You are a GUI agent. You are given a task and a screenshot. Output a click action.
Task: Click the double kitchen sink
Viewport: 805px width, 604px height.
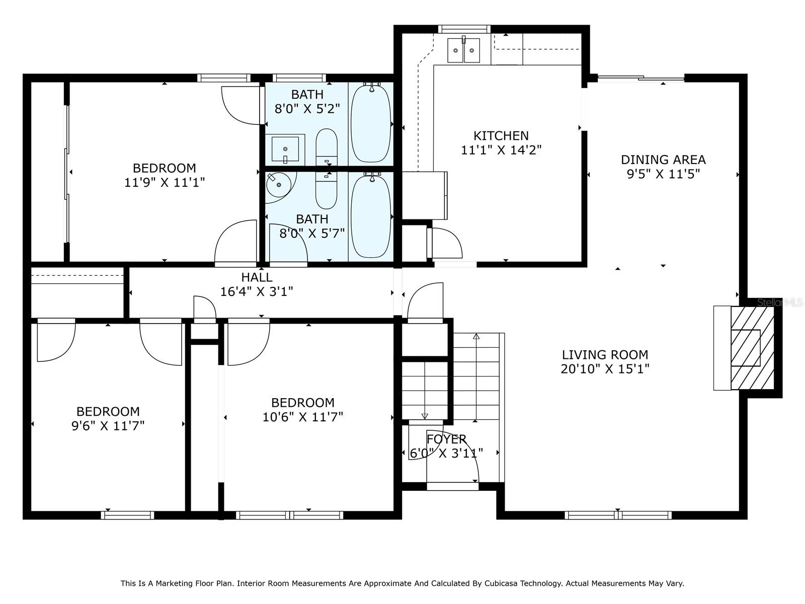point(464,50)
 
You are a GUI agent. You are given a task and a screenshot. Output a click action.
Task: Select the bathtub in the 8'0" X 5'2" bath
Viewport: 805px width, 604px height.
point(371,123)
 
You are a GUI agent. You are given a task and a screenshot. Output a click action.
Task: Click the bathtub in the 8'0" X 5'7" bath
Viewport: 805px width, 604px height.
point(371,216)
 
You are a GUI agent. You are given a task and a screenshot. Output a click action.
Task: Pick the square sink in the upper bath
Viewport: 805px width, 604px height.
point(285,149)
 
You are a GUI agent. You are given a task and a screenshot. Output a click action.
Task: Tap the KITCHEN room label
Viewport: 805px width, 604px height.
point(501,135)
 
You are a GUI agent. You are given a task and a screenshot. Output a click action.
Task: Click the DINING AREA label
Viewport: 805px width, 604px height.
point(663,160)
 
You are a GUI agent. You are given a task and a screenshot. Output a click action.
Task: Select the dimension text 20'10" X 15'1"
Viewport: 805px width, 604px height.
point(605,369)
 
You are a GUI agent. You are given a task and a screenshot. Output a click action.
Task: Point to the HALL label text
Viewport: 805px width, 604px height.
point(257,277)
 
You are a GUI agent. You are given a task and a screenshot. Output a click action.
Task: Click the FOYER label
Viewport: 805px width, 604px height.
point(446,439)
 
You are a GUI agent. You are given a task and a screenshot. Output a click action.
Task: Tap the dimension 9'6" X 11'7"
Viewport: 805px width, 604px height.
point(108,426)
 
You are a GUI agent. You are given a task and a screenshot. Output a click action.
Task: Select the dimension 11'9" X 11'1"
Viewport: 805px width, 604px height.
point(164,182)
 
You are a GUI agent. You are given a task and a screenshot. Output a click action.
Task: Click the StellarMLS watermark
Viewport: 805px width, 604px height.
point(780,303)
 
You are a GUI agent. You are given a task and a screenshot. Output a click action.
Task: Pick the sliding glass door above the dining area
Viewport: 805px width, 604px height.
point(640,78)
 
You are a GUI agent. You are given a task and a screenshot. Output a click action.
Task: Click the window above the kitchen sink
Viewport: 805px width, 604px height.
point(464,29)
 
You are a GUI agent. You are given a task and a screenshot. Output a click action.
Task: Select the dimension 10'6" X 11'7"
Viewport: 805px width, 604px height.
point(302,417)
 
